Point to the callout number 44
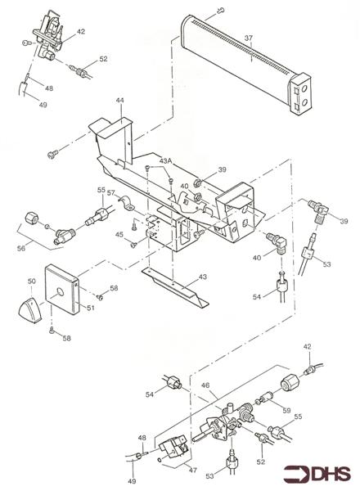point(119,101)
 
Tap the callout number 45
point(119,235)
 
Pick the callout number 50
point(32,281)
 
